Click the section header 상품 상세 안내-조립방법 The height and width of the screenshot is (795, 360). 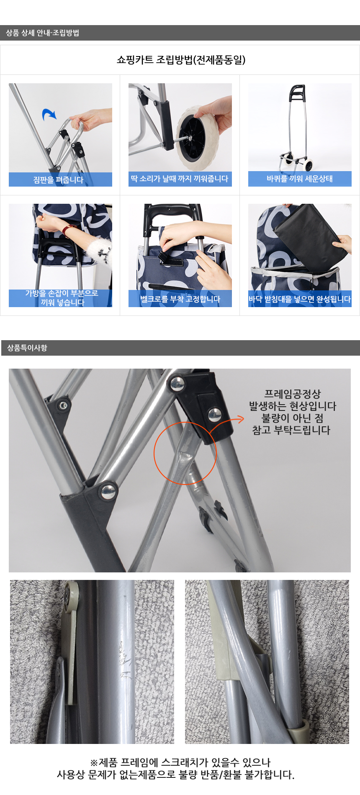point(42,33)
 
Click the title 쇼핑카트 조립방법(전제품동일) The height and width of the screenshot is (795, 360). point(181,60)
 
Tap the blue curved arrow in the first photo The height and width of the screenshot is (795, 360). point(49,114)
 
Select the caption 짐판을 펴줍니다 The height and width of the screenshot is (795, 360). point(58,180)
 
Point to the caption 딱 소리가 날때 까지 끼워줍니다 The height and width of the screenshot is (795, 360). point(180,179)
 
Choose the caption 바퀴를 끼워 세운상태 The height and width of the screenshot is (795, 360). point(300,179)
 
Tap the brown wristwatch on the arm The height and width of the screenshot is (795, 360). point(67,230)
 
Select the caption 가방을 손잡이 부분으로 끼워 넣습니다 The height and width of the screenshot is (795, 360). point(62,297)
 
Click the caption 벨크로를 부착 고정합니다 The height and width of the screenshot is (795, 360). point(180,299)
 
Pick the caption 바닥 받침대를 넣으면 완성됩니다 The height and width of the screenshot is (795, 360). point(300,299)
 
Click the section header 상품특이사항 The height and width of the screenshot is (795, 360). point(27,348)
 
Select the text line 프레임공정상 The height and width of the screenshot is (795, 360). point(292,394)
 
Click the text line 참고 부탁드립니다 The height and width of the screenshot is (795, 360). point(291,430)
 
